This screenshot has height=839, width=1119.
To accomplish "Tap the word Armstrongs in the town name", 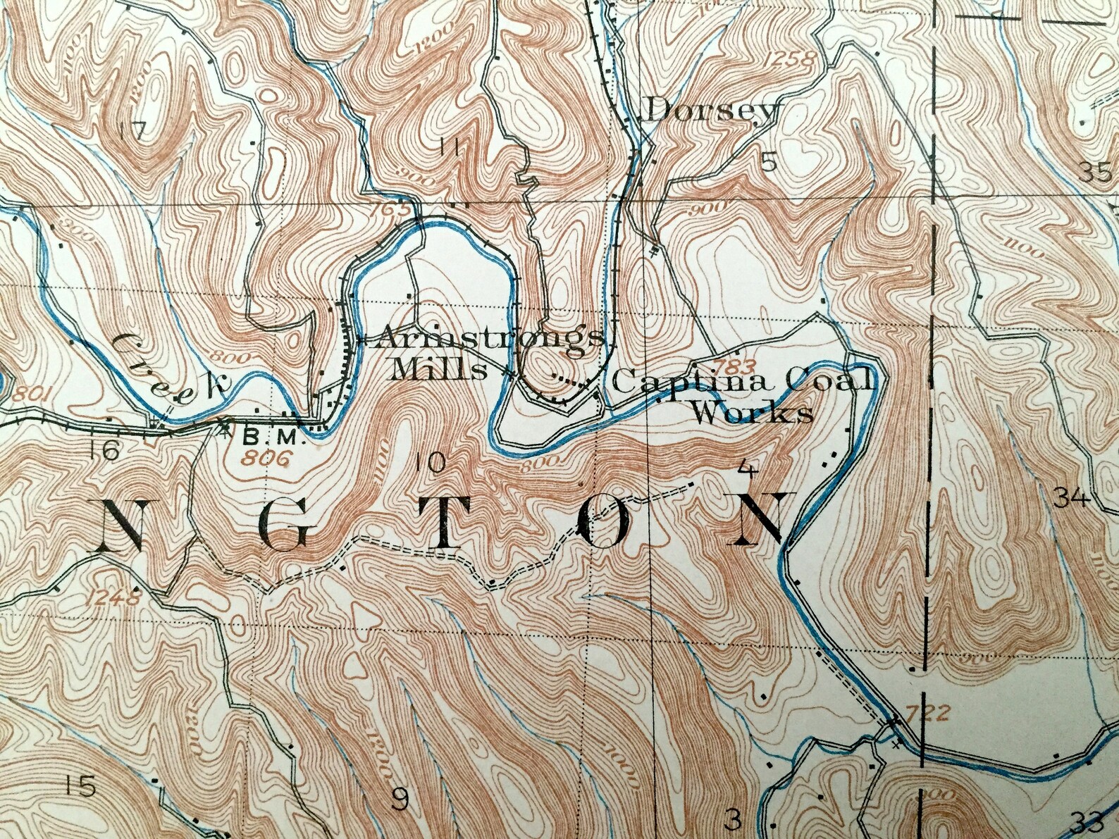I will click(489, 339).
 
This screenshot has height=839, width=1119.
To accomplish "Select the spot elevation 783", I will click(735, 365).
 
